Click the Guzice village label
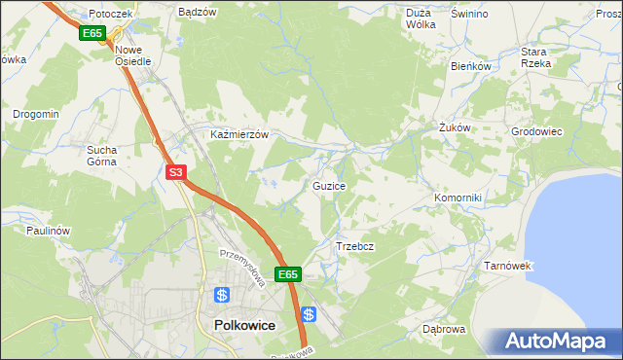tap(328, 185)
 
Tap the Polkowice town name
tap(240, 326)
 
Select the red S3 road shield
tap(175, 173)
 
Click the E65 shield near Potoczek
tap(92, 33)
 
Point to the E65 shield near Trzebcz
tap(287, 275)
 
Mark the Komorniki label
tap(458, 198)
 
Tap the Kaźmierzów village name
tap(239, 134)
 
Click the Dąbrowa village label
tap(444, 329)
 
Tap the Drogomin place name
tap(36, 114)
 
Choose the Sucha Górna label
tap(101, 156)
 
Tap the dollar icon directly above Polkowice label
tap(222, 295)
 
